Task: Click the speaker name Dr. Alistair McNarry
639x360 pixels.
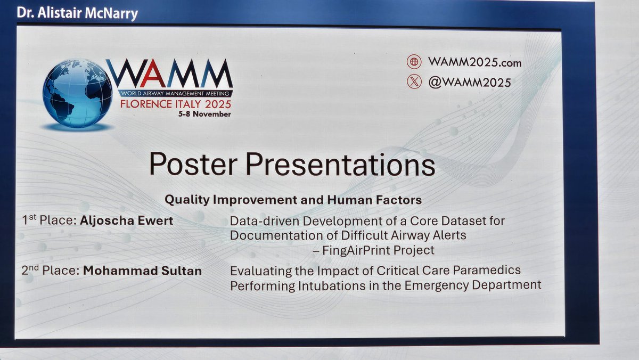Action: coord(77,13)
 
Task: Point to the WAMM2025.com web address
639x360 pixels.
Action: coord(474,62)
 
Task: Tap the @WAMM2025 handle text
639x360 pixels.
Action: coord(469,82)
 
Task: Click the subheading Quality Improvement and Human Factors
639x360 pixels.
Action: coord(293,200)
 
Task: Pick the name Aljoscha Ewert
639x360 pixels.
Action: coord(127,220)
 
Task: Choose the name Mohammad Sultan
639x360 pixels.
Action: coord(142,271)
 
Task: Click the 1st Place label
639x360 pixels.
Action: coord(50,220)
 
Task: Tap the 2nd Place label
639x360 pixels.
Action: coord(51,271)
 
